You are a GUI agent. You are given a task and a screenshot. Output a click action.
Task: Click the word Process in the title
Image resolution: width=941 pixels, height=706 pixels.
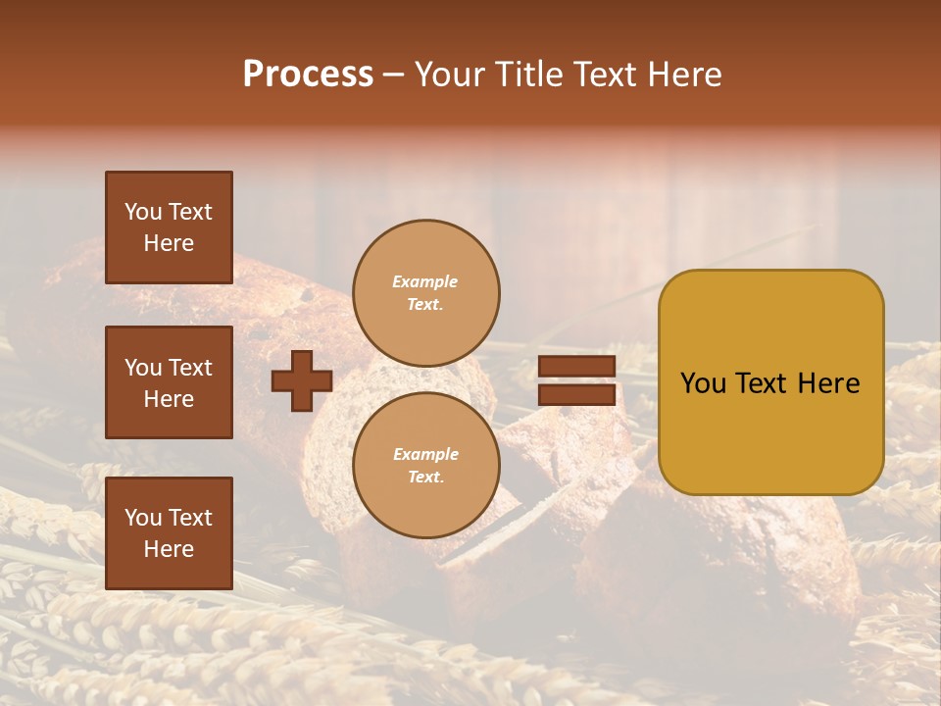click(x=308, y=75)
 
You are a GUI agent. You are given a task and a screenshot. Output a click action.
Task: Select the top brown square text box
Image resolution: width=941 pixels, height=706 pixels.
click(x=169, y=227)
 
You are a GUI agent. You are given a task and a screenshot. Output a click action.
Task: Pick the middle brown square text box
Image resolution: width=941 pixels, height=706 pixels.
click(x=169, y=382)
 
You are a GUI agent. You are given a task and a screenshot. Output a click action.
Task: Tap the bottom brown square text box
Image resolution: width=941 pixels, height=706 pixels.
click(x=169, y=532)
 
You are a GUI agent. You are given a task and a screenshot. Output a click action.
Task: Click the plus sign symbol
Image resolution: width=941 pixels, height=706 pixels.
click(x=302, y=380)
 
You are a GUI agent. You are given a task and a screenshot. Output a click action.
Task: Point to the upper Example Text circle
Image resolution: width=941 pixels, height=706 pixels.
click(x=425, y=292)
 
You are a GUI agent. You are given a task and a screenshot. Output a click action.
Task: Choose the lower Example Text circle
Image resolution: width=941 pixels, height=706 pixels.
click(x=425, y=465)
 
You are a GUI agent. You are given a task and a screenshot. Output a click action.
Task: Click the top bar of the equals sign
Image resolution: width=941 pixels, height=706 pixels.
click(x=576, y=367)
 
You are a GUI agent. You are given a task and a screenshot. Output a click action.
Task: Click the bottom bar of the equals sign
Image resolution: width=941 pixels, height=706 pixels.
click(x=576, y=394)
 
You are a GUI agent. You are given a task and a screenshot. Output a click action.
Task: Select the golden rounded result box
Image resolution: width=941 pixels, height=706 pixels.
click(x=770, y=381)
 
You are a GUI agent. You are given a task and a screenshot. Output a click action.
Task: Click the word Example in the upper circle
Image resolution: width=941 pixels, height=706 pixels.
click(x=425, y=281)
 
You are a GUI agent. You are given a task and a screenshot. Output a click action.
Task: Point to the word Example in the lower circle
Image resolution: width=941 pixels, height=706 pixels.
click(x=425, y=454)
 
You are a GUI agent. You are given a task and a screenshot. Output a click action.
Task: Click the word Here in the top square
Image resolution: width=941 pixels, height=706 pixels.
click(x=169, y=243)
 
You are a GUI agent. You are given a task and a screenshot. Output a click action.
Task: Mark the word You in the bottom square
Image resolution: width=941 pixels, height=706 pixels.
click(x=143, y=518)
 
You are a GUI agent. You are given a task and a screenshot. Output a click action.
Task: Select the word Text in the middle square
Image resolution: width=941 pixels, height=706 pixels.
click(x=190, y=368)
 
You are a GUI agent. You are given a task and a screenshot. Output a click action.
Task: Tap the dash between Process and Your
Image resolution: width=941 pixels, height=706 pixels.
click(x=393, y=76)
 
